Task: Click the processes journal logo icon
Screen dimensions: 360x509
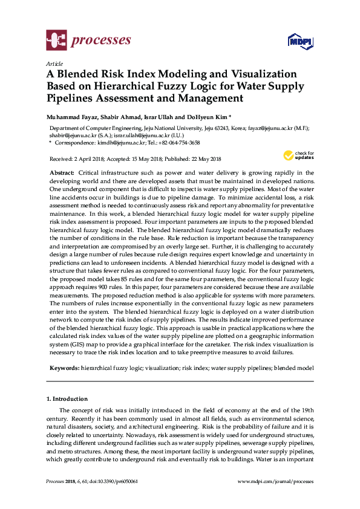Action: click(x=56, y=41)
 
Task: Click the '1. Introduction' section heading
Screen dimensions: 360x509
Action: click(x=67, y=399)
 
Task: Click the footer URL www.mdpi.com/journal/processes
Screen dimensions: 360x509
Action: click(x=276, y=481)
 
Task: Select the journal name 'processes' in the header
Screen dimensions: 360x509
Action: click(x=101, y=41)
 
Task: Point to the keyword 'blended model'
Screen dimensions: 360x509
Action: click(x=294, y=368)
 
